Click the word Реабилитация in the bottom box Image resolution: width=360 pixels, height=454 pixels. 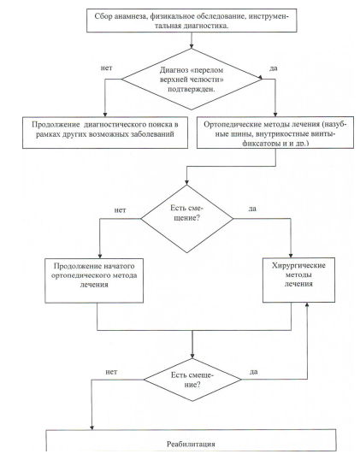click(x=191, y=444)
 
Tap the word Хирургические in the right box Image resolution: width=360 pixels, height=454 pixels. click(x=298, y=266)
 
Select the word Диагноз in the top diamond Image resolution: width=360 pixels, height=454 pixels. click(x=174, y=70)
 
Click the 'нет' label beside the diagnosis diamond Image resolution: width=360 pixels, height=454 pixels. click(x=106, y=68)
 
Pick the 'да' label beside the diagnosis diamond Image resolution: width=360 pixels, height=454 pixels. click(x=274, y=68)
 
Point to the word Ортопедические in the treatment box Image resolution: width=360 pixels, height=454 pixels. click(x=233, y=125)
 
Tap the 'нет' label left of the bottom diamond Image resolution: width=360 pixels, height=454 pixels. click(x=111, y=372)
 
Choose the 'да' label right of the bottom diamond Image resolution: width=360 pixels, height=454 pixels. click(x=254, y=372)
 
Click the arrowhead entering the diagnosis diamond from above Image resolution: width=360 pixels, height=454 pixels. click(x=192, y=46)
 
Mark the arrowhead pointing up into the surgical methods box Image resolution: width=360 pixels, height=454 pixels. click(x=307, y=305)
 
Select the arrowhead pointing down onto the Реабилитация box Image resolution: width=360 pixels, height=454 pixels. click(x=91, y=427)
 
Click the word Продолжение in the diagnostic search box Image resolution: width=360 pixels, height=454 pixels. click(x=56, y=125)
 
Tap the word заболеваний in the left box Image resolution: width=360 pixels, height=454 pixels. click(x=152, y=134)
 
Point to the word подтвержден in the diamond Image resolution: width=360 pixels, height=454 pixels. click(x=192, y=89)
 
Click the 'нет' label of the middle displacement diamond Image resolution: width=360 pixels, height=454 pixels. click(x=120, y=210)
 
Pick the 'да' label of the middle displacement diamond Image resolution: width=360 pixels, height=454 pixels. click(x=252, y=209)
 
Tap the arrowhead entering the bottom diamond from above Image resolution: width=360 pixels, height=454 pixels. click(x=192, y=356)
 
